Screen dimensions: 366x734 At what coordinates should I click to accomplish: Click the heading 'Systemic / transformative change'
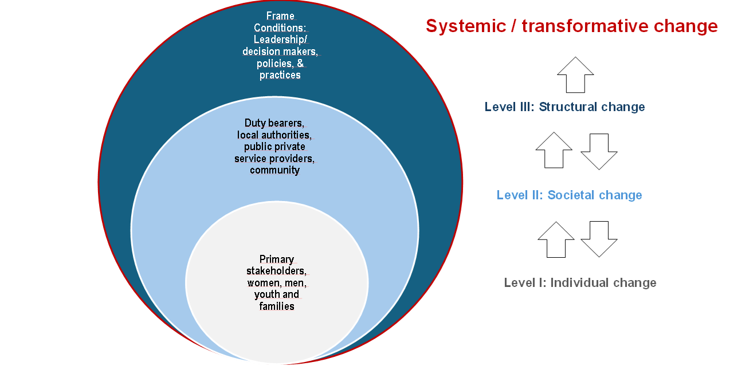point(572,26)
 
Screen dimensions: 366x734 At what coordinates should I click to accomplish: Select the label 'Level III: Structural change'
point(565,107)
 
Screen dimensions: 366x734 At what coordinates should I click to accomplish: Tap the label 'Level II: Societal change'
point(570,195)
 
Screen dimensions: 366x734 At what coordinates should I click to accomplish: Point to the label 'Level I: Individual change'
point(580,282)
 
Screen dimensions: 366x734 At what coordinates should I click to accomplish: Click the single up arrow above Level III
point(575,74)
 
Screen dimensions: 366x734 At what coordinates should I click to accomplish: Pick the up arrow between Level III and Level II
point(554,150)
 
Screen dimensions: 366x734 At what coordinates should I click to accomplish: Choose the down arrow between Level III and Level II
point(599,151)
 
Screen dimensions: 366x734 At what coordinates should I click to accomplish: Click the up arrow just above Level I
point(556,239)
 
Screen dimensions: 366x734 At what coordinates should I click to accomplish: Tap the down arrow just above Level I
point(599,239)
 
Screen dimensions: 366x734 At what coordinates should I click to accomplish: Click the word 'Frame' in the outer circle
point(280,16)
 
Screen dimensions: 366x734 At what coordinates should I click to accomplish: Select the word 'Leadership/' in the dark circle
point(280,40)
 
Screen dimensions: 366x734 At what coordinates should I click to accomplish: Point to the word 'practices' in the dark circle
point(280,75)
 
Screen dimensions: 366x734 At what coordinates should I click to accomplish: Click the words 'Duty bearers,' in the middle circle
point(274,123)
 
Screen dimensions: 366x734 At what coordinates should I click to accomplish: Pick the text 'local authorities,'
point(274,135)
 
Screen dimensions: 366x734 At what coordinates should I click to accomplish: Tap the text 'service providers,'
point(274,159)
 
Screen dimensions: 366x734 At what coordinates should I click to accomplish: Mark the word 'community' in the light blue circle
point(274,170)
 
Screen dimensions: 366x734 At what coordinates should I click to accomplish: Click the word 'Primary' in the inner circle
point(276,259)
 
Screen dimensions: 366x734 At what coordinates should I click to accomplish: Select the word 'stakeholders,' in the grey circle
point(276,271)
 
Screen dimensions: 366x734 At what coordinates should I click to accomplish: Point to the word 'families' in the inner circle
point(276,306)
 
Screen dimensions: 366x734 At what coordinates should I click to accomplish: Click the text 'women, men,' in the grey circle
point(277,283)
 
